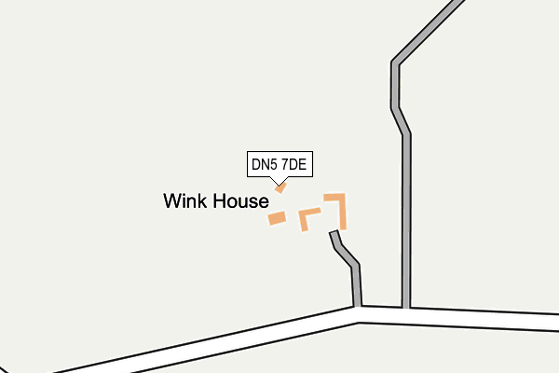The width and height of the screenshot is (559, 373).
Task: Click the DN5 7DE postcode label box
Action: coord(279,164)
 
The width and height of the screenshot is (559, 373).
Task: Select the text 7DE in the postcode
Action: coord(293,164)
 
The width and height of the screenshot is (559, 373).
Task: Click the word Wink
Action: coord(185,201)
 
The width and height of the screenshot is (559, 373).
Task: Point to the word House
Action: coord(241,201)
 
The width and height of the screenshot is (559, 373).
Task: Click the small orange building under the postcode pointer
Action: coord(280,187)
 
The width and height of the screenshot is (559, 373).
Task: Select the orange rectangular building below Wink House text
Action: coord(277,218)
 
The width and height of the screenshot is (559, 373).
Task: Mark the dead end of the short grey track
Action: coord(334,232)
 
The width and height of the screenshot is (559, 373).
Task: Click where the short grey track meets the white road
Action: coord(357,306)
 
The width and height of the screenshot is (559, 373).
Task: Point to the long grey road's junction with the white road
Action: coord(405,308)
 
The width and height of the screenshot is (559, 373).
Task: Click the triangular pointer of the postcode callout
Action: coord(279,181)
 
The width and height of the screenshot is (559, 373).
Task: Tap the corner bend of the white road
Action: coord(358,315)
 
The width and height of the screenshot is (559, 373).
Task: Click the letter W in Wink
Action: coord(171,201)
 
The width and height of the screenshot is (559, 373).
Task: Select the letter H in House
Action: coord(219,201)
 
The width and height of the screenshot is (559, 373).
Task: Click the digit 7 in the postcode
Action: coord(284,164)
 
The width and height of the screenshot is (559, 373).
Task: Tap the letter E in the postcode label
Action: coord(302,164)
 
